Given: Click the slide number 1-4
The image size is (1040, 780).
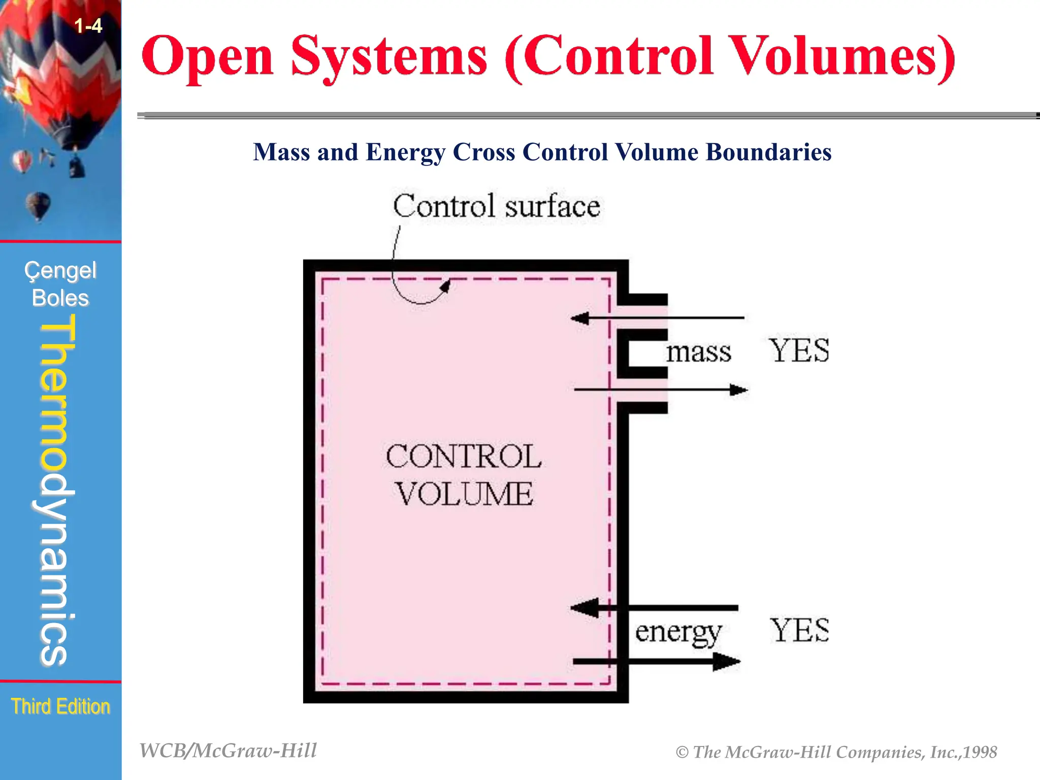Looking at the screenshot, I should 88,25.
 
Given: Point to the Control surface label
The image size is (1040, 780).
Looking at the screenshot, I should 496,206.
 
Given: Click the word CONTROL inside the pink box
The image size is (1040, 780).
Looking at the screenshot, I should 463,456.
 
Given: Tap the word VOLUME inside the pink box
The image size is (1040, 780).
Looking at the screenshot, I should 464,494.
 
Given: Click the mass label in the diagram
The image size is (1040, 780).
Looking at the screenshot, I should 699,351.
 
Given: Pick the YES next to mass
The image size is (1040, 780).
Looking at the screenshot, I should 799,350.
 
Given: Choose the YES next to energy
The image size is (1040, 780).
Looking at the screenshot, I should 799,631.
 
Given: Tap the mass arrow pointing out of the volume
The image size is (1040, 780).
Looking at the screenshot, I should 660,390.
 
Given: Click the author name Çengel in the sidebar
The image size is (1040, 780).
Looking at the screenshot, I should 60,271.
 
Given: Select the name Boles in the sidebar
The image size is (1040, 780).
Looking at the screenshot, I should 60,298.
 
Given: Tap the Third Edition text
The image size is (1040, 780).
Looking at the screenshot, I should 60,706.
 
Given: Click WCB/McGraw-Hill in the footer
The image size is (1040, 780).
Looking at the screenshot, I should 228,751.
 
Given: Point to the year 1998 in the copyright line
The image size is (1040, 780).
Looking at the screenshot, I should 980,752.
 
